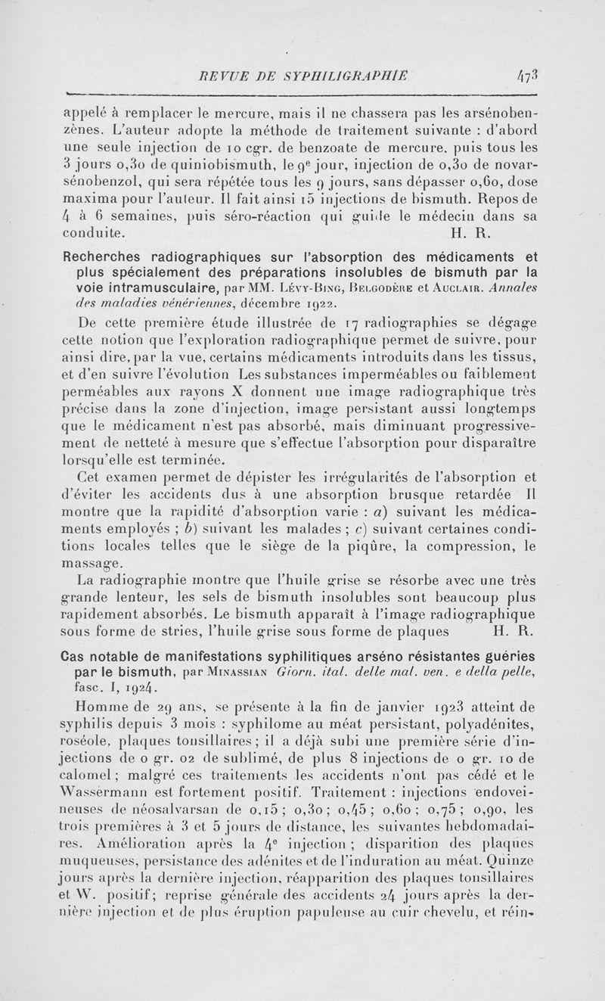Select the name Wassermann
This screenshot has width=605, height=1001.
tap(108, 800)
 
